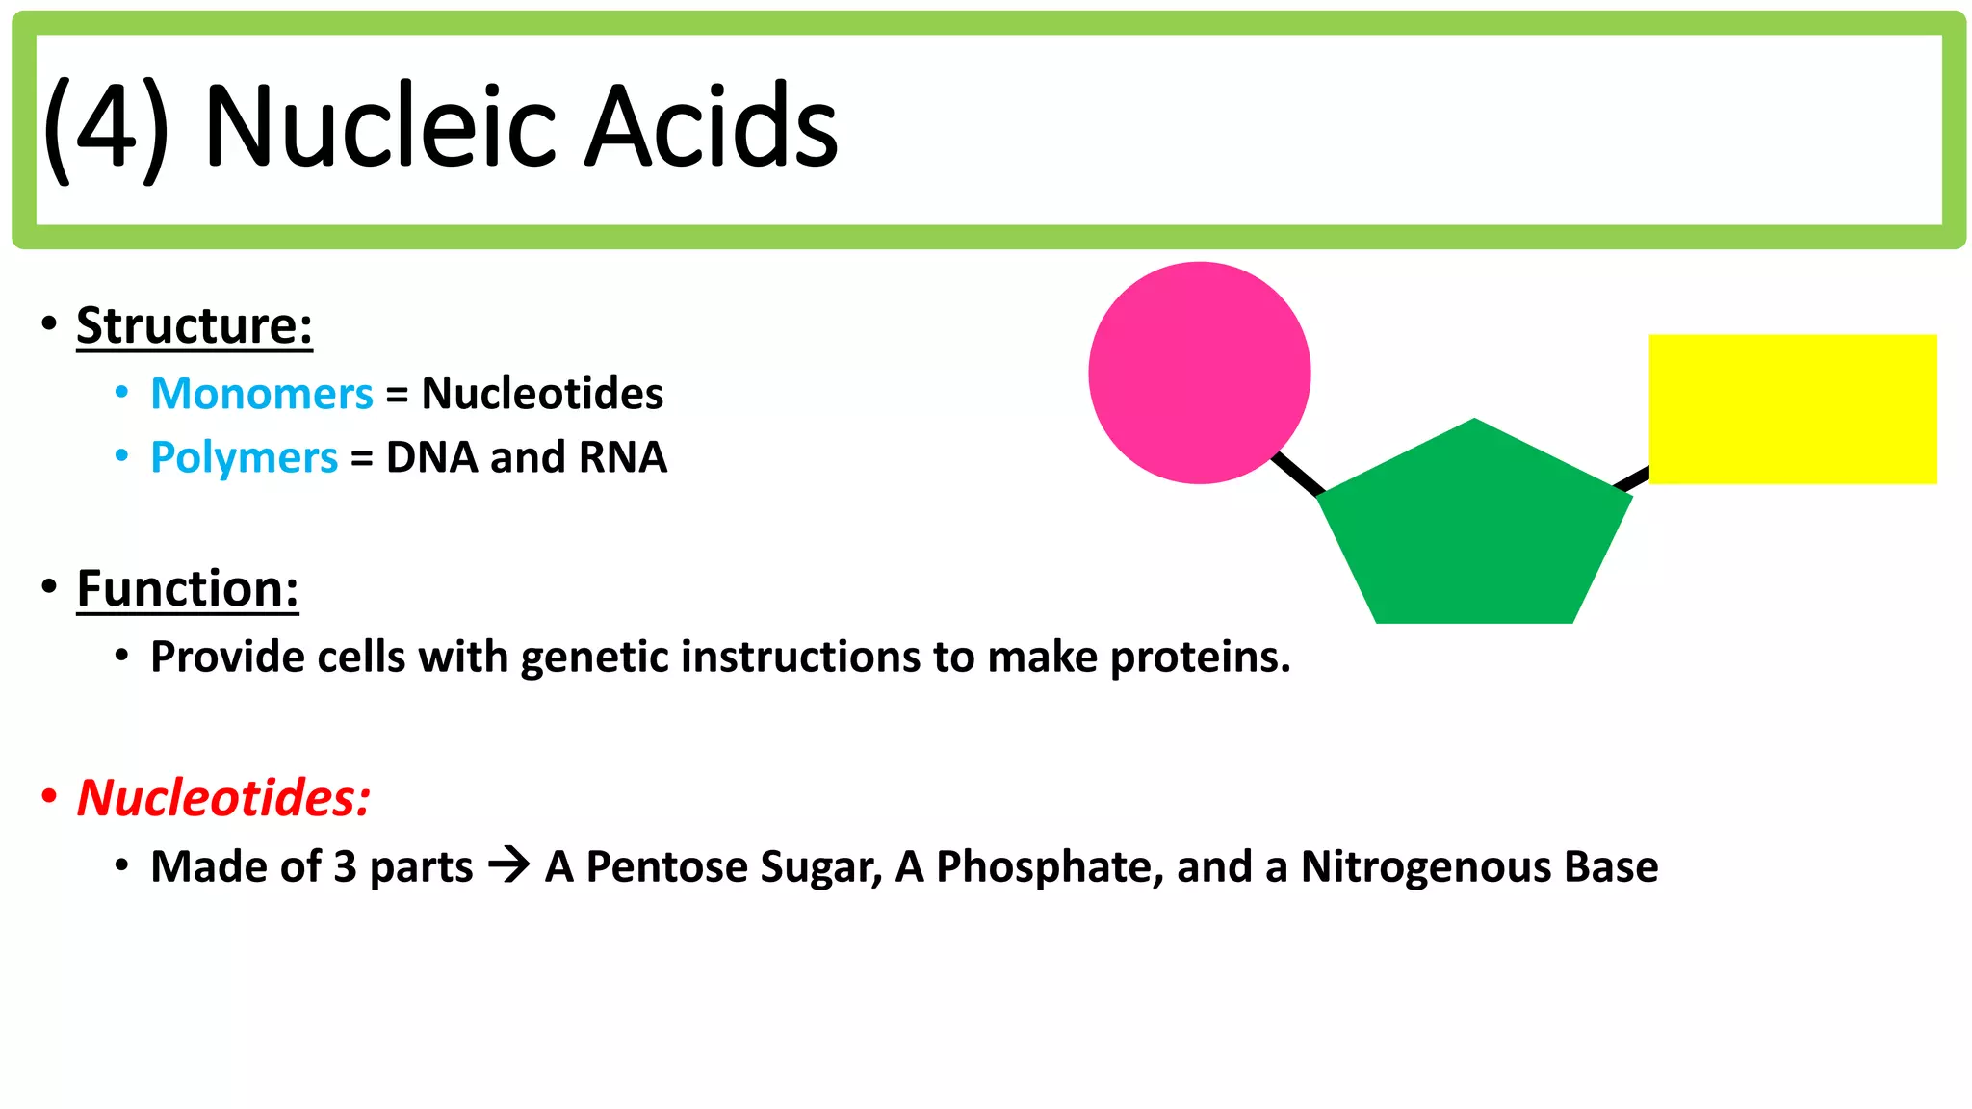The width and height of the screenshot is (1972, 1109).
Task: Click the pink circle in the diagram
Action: click(x=1199, y=373)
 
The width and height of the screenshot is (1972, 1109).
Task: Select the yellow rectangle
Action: click(x=1792, y=408)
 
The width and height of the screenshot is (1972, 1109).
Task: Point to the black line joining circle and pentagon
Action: click(x=1297, y=474)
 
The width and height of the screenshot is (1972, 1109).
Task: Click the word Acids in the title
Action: click(x=712, y=126)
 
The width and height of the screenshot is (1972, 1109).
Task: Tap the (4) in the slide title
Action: click(x=106, y=128)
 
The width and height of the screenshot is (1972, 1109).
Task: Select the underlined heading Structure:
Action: click(x=195, y=325)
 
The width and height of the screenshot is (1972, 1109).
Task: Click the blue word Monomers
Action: click(x=262, y=394)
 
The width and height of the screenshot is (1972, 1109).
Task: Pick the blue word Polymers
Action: click(x=245, y=457)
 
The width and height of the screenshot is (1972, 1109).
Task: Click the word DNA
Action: click(x=431, y=457)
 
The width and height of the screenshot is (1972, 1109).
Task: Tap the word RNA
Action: click(x=622, y=457)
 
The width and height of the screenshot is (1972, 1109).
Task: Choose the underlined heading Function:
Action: click(x=188, y=588)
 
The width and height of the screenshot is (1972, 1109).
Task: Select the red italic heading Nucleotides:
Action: click(x=223, y=798)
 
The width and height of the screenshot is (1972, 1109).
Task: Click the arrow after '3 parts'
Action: click(x=508, y=864)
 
